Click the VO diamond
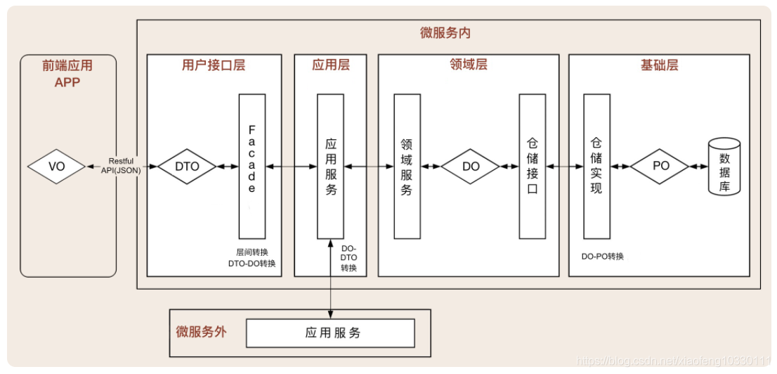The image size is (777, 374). click(x=56, y=167)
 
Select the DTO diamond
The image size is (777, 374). click(x=187, y=167)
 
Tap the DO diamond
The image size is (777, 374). click(x=470, y=167)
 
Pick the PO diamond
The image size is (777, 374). click(x=660, y=167)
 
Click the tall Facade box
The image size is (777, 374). click(x=252, y=166)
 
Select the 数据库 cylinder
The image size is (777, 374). click(x=724, y=167)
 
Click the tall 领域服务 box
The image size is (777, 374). click(x=407, y=166)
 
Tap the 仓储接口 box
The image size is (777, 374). click(x=533, y=166)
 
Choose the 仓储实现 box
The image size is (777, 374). click(x=596, y=166)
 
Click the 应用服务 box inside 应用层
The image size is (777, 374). click(x=330, y=166)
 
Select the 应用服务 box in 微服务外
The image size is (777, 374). click(x=330, y=333)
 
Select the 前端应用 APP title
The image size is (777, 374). click(x=67, y=72)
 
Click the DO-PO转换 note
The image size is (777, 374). click(x=603, y=257)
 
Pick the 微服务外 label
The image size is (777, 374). click(x=201, y=332)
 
